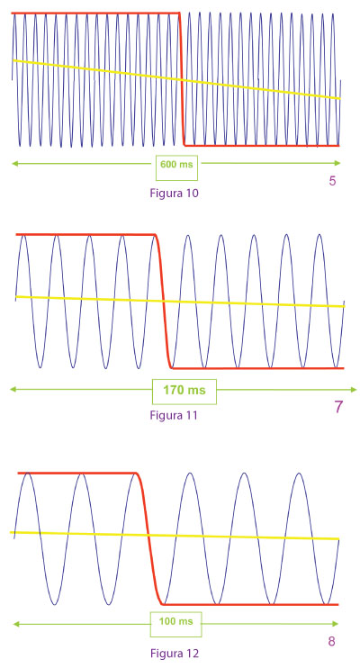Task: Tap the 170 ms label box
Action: pyautogui.click(x=184, y=391)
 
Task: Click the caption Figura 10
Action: pyautogui.click(x=175, y=193)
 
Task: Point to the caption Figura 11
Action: pyautogui.click(x=174, y=415)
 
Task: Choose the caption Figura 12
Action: pyautogui.click(x=175, y=653)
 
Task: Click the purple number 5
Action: pyautogui.click(x=332, y=181)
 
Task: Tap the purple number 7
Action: pyautogui.click(x=338, y=407)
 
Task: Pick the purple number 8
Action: pyautogui.click(x=331, y=642)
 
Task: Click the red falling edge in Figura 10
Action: pyautogui.click(x=182, y=79)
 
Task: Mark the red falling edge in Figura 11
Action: pyautogui.click(x=163, y=302)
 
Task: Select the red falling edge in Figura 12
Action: pyautogui.click(x=148, y=538)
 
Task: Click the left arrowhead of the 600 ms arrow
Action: pyautogui.click(x=14, y=163)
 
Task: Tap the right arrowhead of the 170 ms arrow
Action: pyautogui.click(x=354, y=390)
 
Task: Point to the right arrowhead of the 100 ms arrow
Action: pyautogui.click(x=336, y=624)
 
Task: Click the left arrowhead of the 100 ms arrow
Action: pyautogui.click(x=16, y=624)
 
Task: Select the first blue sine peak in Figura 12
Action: pyautogui.click(x=28, y=474)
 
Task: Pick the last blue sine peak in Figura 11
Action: pyautogui.click(x=319, y=235)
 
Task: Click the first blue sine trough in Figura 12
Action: pyautogui.click(x=55, y=604)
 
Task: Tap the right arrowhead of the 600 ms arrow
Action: pyautogui.click(x=337, y=163)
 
